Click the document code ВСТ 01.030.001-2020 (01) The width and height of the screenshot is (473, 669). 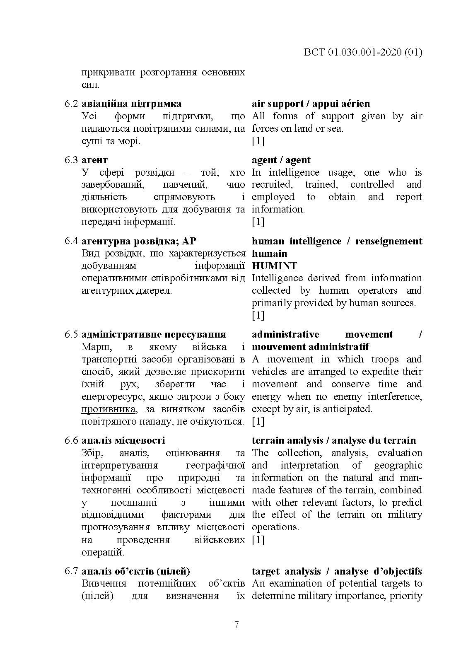click(x=363, y=52)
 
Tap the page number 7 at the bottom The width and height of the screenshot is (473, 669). click(x=236, y=625)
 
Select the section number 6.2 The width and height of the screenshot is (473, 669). click(x=71, y=104)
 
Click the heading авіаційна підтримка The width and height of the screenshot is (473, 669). click(x=131, y=104)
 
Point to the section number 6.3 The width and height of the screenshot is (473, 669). click(x=71, y=160)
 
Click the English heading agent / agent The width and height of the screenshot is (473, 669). click(x=281, y=160)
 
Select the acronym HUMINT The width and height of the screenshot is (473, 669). click(x=274, y=266)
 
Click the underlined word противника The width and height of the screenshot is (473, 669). click(x=108, y=409)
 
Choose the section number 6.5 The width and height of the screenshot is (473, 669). click(x=71, y=334)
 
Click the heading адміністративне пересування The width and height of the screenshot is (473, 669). click(x=154, y=334)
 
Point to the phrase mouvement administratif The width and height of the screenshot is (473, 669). click(x=310, y=347)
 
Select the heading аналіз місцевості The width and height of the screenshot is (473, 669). click(x=123, y=440)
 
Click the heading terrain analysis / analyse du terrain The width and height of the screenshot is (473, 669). click(x=333, y=440)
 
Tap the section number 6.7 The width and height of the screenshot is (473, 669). click(x=71, y=571)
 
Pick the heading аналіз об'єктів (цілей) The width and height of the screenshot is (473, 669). click(x=136, y=571)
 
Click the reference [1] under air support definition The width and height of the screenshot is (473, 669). click(x=258, y=141)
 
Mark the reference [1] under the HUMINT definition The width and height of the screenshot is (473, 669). click(x=258, y=315)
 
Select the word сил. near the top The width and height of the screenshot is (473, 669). click(x=90, y=85)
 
